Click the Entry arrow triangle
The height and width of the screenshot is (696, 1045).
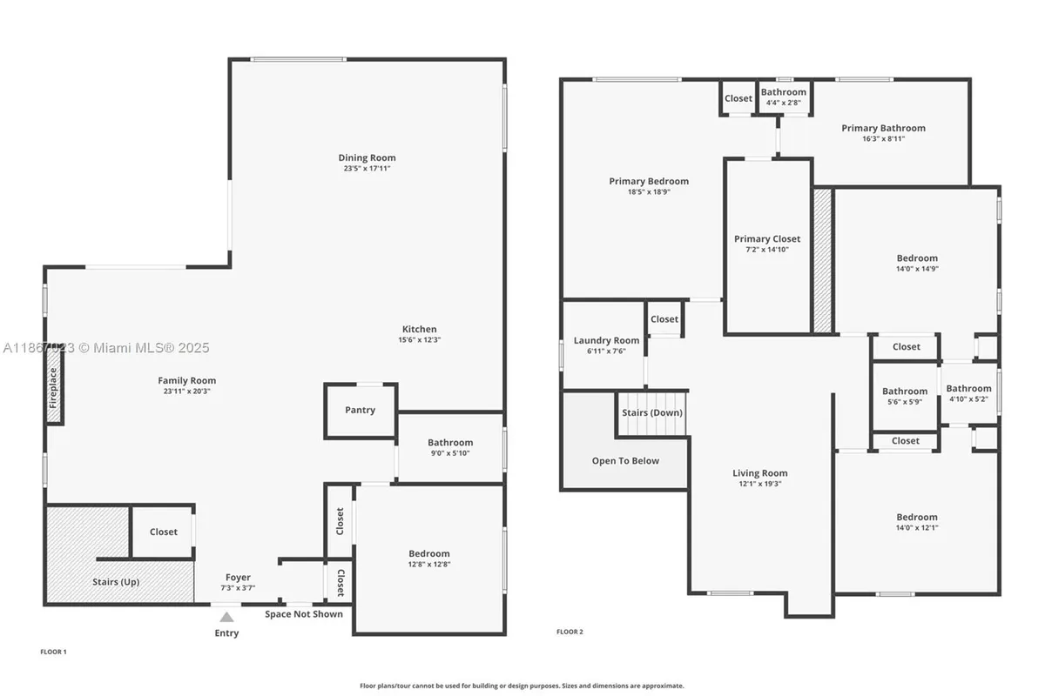coord(226,617)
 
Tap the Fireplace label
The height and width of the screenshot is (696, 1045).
coord(54,388)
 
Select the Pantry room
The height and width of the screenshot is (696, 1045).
coord(360,410)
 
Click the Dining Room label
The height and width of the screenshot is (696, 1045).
coord(367,157)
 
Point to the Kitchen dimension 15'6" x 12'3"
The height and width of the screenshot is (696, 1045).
coord(419,340)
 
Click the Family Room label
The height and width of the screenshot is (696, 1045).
coord(186,380)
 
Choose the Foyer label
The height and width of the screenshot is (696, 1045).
coord(238,578)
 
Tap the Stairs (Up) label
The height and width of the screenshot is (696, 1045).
coord(117,582)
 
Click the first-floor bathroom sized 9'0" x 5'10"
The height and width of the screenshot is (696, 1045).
coord(450,447)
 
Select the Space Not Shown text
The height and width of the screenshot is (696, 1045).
coord(304,614)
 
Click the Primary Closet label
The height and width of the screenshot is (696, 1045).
coord(767,239)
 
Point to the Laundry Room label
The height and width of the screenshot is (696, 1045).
coord(606,340)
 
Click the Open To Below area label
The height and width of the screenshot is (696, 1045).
coord(625,461)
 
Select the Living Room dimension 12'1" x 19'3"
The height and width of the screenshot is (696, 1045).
coord(759,484)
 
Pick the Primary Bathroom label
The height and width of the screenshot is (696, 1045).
coord(883,128)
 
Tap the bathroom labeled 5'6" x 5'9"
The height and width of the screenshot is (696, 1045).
coord(904,397)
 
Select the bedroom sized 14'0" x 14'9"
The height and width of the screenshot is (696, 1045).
coord(917,263)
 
